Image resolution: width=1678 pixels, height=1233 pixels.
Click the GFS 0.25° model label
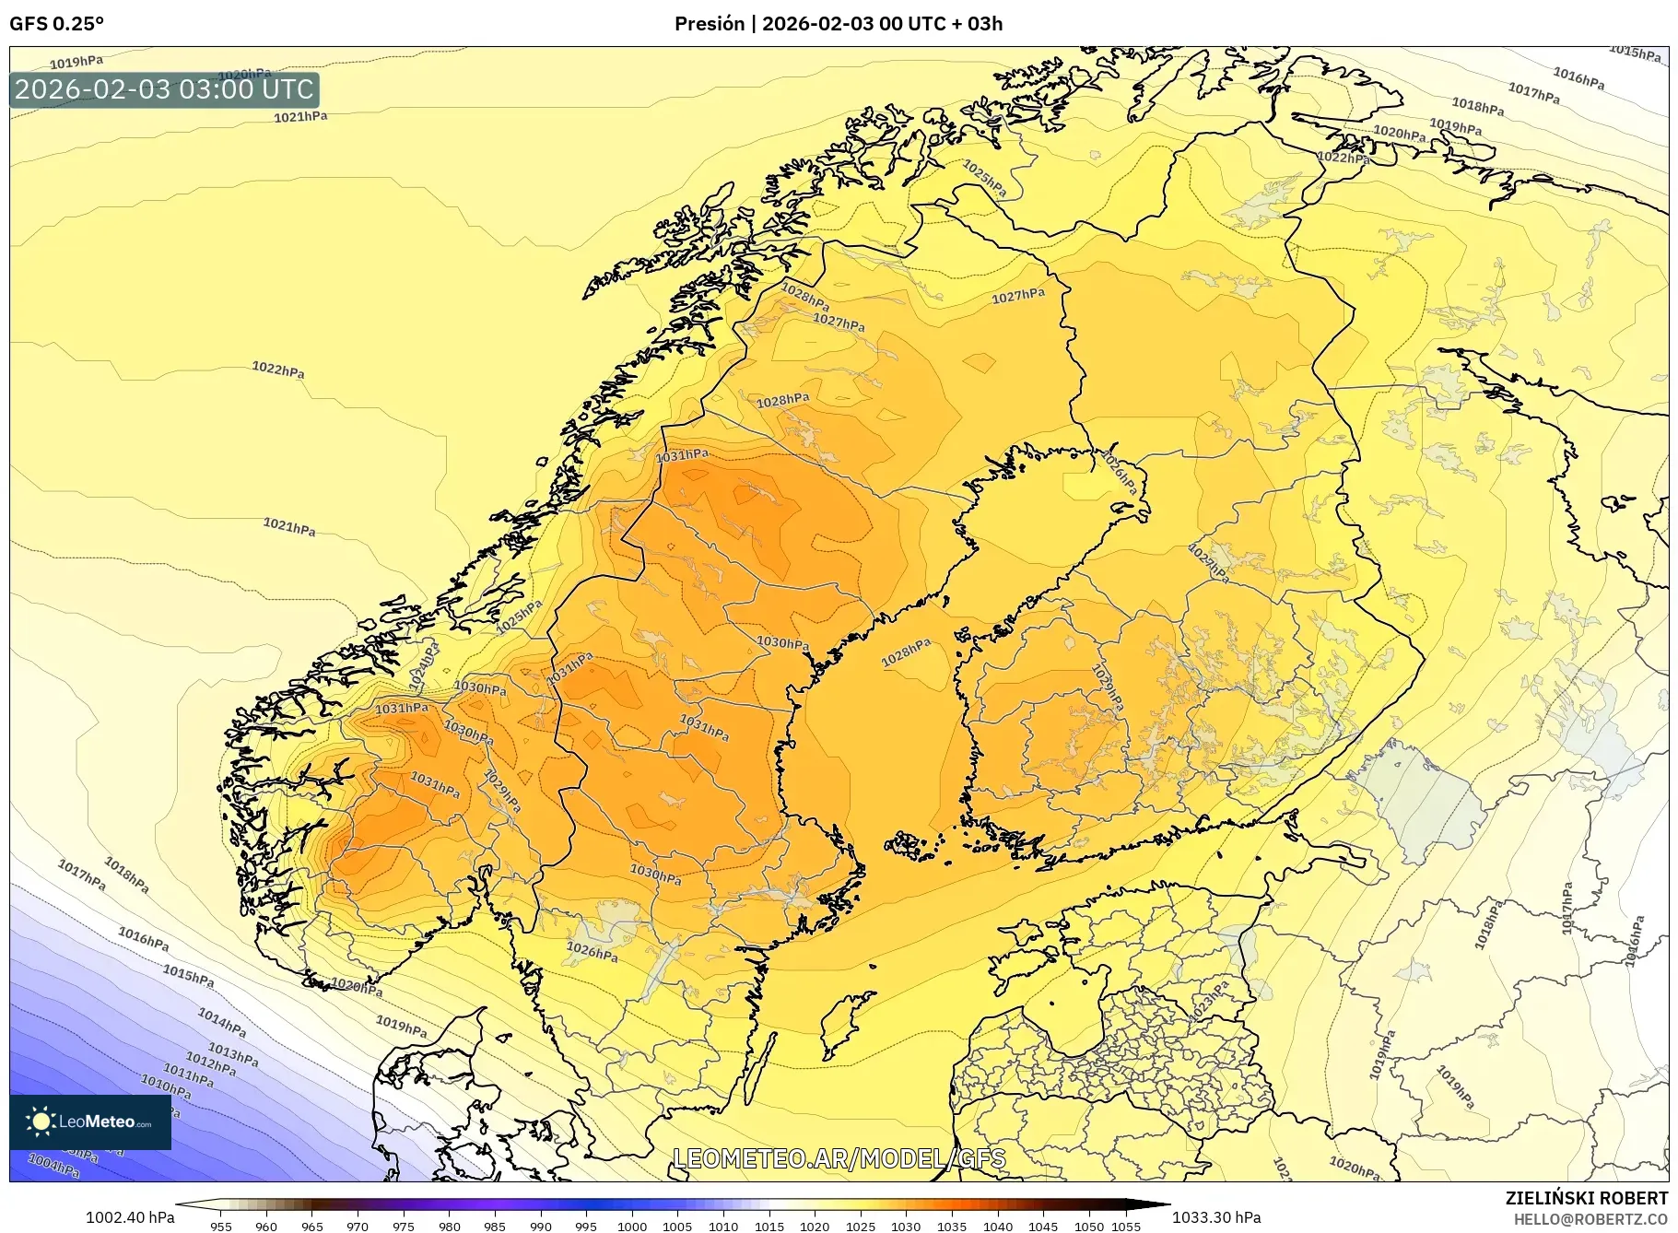point(56,24)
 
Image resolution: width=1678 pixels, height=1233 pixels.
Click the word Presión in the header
point(709,24)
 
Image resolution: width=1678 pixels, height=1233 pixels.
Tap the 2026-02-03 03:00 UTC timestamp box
point(165,89)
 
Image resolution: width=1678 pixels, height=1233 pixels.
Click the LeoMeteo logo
point(90,1121)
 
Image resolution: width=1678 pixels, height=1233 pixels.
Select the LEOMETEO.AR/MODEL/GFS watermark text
point(839,1158)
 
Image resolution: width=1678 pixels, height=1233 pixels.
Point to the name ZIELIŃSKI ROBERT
point(1586,1198)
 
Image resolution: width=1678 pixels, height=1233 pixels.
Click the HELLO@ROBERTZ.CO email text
point(1590,1219)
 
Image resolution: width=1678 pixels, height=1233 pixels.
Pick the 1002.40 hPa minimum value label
point(130,1217)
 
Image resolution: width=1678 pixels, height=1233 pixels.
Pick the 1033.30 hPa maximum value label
point(1216,1217)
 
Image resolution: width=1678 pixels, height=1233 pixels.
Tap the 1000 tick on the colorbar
point(632,1226)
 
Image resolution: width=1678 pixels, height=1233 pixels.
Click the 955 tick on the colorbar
point(221,1226)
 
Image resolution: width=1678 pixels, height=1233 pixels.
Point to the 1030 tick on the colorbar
point(906,1226)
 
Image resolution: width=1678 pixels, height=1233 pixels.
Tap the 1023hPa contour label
point(1208,1002)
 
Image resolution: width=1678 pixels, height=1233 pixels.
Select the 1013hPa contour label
point(232,1054)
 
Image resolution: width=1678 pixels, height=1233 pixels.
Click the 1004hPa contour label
point(54,1167)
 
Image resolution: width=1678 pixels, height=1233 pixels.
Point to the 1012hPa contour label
point(211,1063)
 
